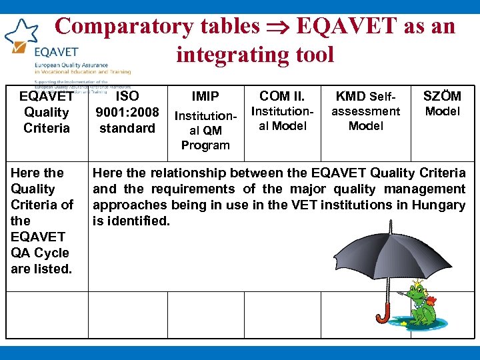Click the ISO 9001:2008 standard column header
point(127,111)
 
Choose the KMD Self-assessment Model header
point(366,111)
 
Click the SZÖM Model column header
point(443,103)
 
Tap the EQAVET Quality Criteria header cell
point(46,111)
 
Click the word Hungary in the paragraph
point(438,205)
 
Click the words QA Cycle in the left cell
point(40,253)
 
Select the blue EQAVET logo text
point(56,51)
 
